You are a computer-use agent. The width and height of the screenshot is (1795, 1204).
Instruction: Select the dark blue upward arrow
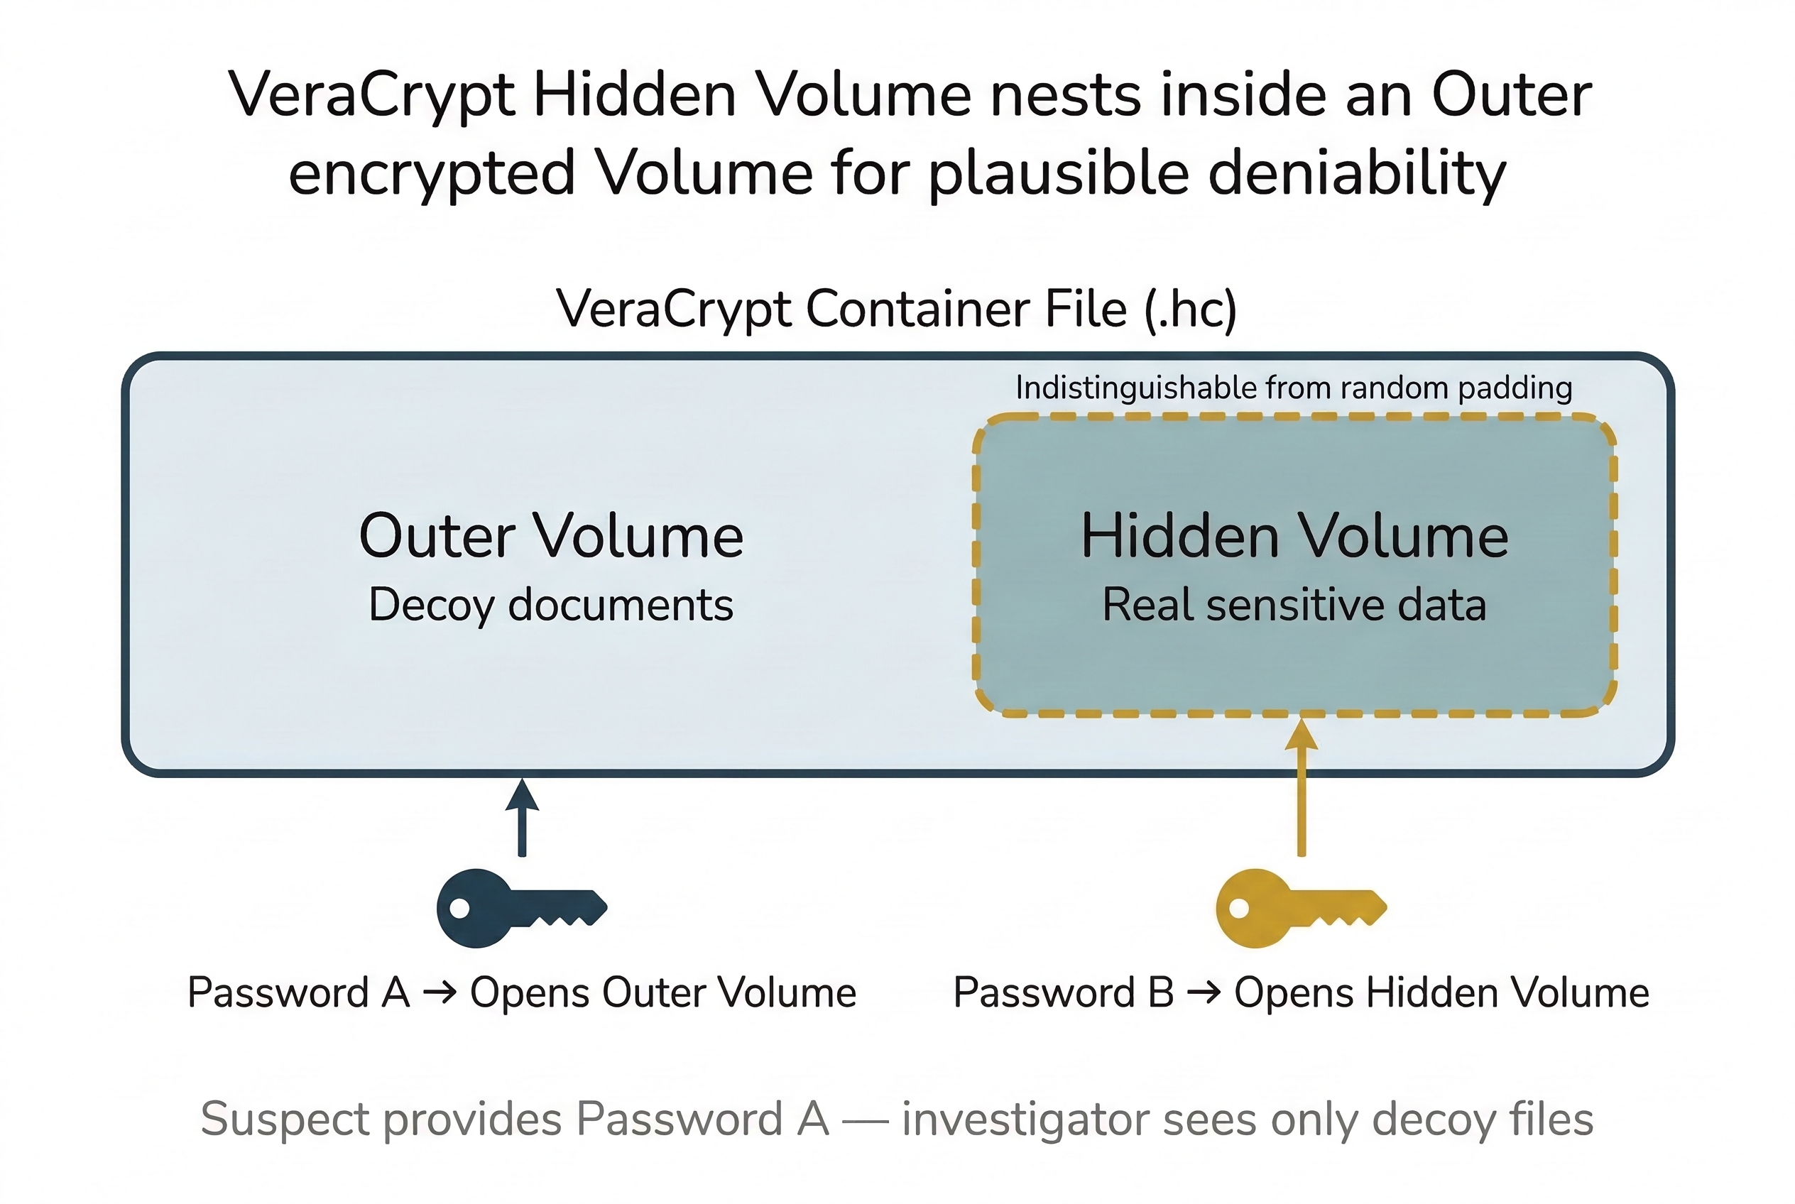(523, 818)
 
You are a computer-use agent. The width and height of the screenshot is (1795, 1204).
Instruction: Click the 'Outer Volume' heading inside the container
(551, 536)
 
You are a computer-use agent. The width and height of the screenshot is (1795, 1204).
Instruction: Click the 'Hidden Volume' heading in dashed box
(1294, 536)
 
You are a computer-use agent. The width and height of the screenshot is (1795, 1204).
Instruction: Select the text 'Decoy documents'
(551, 605)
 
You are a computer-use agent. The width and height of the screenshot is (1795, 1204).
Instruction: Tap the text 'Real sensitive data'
(1294, 605)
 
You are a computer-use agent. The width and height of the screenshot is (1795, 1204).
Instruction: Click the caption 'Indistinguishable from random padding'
(1294, 388)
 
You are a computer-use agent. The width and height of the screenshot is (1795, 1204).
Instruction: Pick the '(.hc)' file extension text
(1191, 310)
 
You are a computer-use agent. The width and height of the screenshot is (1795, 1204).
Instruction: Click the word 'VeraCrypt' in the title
(371, 95)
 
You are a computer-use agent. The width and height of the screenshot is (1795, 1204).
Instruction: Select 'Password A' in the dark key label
(298, 993)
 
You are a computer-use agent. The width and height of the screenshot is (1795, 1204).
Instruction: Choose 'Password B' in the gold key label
(1063, 993)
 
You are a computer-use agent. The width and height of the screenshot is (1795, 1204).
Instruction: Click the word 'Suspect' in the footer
(286, 1120)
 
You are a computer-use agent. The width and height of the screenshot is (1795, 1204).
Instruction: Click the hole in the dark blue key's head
(459, 909)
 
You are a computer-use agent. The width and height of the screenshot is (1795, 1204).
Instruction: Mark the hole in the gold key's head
(1239, 909)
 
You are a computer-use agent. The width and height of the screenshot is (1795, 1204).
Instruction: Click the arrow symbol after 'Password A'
(440, 993)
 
